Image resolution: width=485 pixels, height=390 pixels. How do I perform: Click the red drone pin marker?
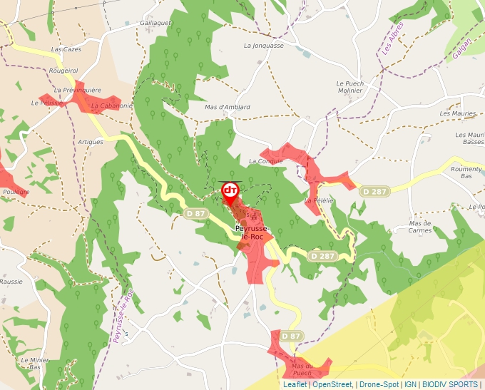click(x=230, y=191)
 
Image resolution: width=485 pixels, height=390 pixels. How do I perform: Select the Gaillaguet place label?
click(x=156, y=23)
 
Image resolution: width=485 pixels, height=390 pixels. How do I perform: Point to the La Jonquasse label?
click(x=263, y=46)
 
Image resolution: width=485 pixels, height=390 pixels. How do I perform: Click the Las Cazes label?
click(x=66, y=49)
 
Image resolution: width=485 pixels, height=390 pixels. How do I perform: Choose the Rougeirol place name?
click(x=62, y=71)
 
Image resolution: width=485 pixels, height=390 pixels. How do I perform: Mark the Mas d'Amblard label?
click(x=227, y=107)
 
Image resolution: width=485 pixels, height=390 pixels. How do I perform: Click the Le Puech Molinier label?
click(x=350, y=87)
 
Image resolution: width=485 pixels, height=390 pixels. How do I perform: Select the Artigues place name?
click(x=91, y=142)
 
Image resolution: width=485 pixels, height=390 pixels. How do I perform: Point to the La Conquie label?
click(x=265, y=161)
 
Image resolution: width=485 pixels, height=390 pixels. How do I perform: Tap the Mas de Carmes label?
click(x=420, y=226)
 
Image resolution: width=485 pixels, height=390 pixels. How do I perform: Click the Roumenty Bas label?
click(x=466, y=172)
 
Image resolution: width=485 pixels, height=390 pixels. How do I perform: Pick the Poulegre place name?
click(x=16, y=192)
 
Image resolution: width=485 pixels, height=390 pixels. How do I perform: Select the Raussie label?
click(x=11, y=282)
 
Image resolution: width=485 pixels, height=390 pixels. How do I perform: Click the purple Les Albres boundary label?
click(x=393, y=38)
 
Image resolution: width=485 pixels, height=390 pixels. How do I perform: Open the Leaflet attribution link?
click(x=295, y=384)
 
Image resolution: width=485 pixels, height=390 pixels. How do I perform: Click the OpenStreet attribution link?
click(x=332, y=384)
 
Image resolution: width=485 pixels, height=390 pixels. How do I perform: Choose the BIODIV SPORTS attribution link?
click(x=450, y=384)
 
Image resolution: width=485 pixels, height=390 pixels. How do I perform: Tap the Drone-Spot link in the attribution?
click(x=379, y=384)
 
